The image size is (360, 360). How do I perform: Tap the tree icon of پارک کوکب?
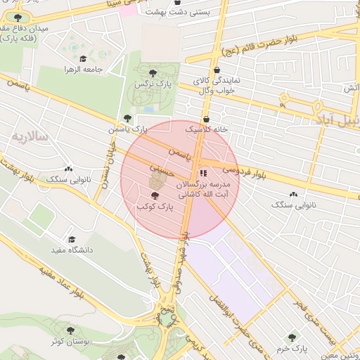pos(155,195)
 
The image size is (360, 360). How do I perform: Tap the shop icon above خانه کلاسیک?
pos(206,119)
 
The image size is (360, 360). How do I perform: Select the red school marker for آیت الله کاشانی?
pos(203,172)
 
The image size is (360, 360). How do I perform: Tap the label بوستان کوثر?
pos(70,340)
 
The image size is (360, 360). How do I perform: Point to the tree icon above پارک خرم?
pos(291,337)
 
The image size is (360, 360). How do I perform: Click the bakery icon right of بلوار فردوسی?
pos(292,194)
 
